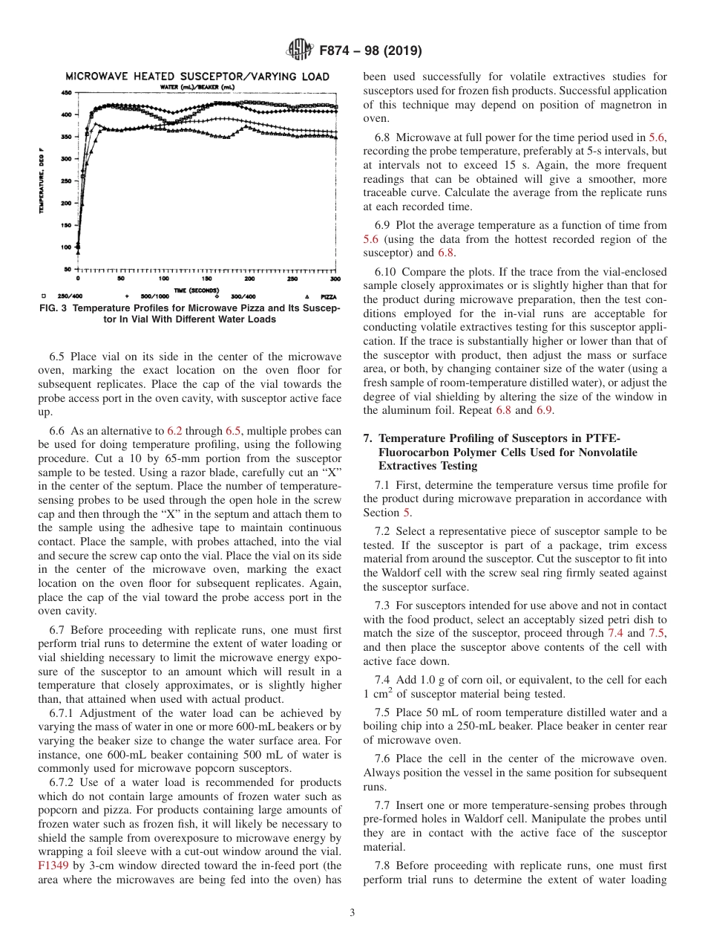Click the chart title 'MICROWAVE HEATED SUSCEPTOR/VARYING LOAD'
197,77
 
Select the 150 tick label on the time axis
206,279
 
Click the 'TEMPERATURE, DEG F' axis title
42,180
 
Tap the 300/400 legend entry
243,296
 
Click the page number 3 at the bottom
352,913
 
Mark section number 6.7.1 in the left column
65,712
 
